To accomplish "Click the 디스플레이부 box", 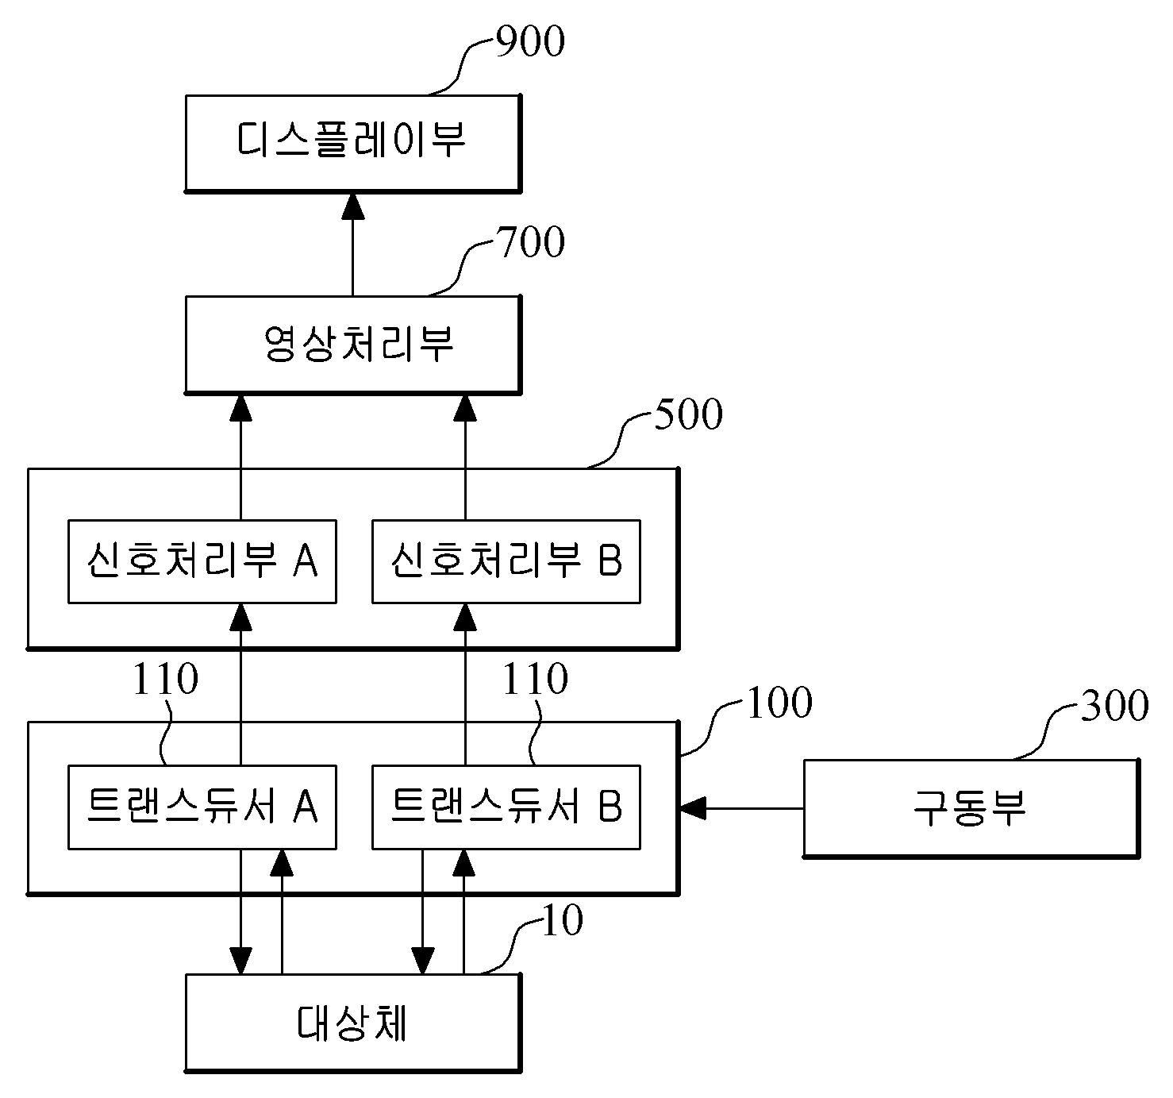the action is tap(353, 144).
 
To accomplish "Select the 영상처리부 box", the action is tap(353, 345).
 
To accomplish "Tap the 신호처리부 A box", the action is tap(202, 561).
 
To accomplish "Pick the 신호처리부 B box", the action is tap(506, 561).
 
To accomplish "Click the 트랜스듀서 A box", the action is tap(202, 807).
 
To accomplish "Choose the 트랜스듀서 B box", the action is tap(506, 807).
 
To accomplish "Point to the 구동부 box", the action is tap(971, 808).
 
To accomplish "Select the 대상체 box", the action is tap(353, 1023).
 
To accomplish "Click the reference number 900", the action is tap(530, 41).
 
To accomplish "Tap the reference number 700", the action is tap(530, 242).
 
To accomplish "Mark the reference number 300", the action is tap(1115, 705).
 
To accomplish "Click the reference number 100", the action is tap(779, 703).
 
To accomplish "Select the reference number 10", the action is tap(563, 921).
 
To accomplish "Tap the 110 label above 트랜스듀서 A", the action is tap(165, 679).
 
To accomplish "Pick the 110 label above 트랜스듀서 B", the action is tap(535, 679).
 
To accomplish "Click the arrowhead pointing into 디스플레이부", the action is tap(353, 206).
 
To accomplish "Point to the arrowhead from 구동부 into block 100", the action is tap(693, 808).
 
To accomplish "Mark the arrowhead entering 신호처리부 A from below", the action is tap(241, 617).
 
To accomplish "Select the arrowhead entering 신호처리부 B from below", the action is tap(465, 617).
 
